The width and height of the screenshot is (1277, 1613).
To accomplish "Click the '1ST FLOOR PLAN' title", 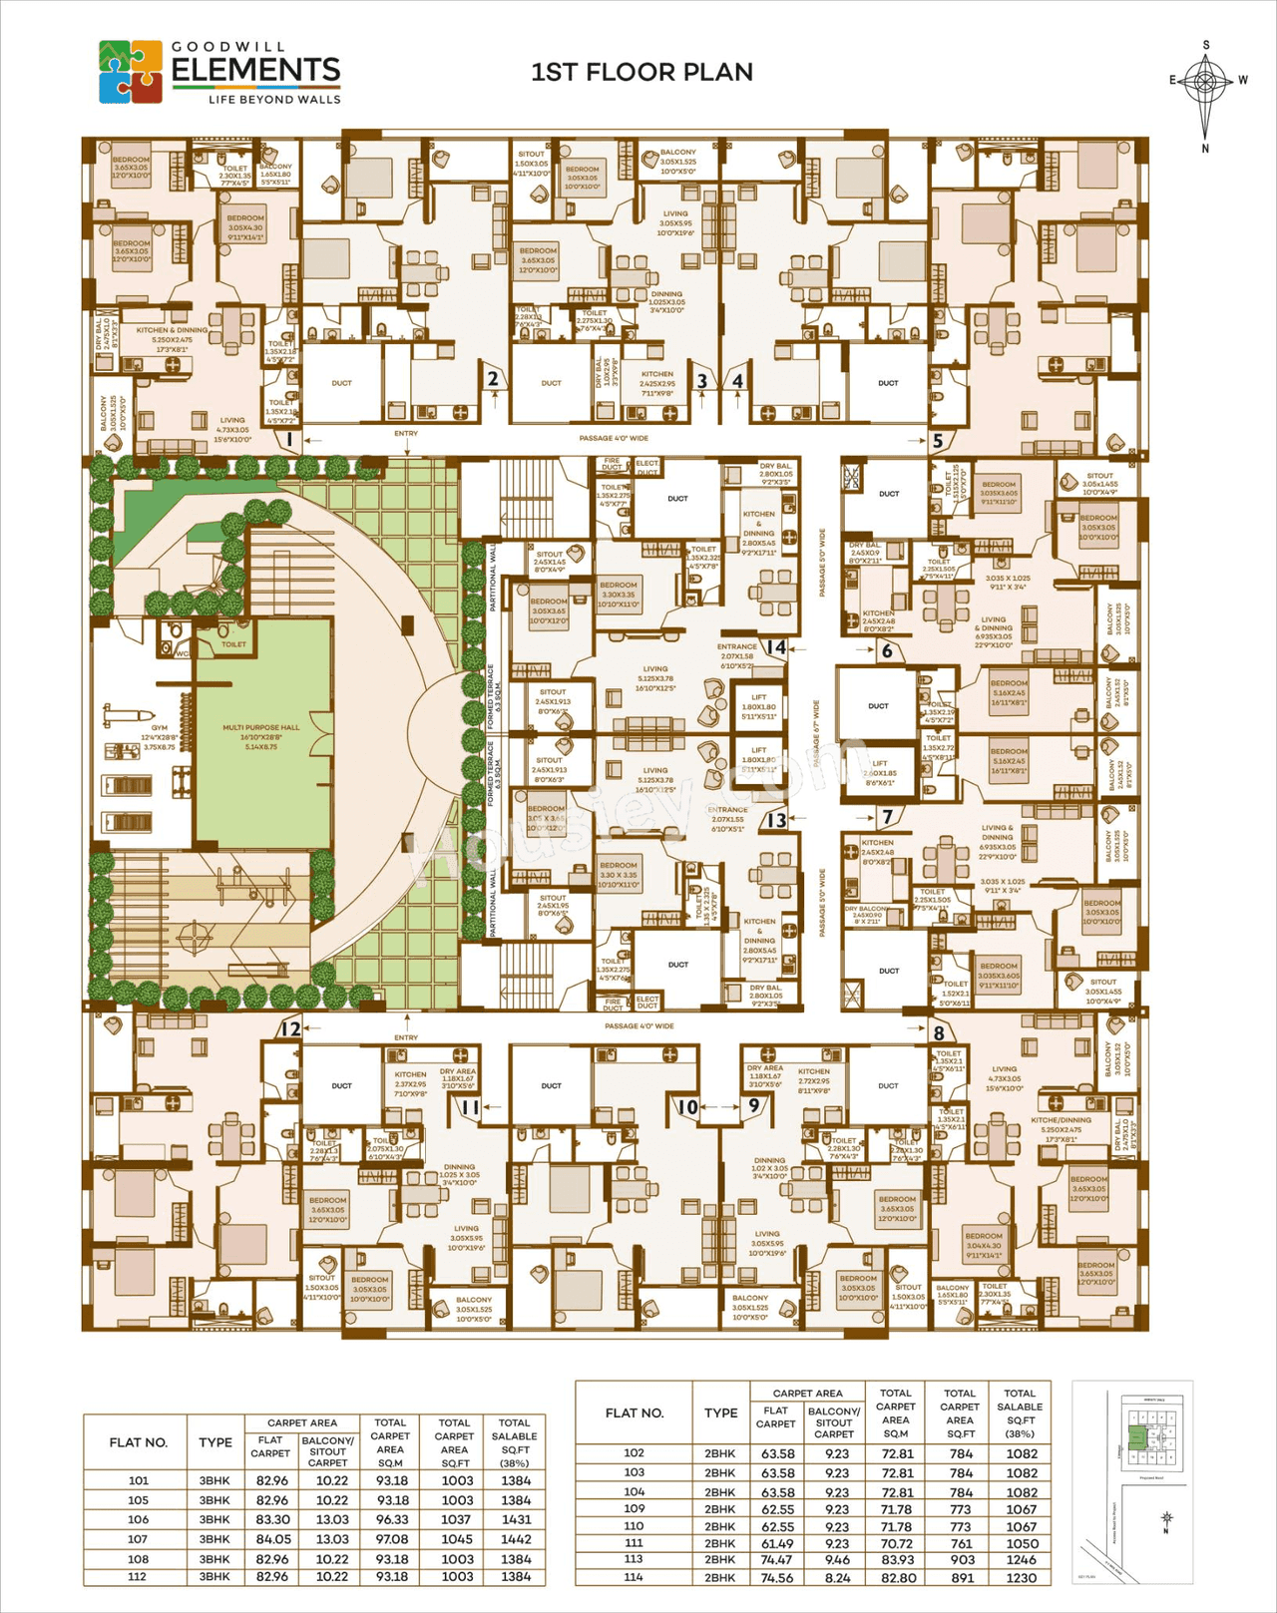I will coord(641,72).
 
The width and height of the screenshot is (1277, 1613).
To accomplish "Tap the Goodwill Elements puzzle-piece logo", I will coord(131,72).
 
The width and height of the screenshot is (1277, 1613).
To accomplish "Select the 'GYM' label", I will coord(160,728).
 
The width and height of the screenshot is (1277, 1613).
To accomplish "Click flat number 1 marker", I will coord(289,438).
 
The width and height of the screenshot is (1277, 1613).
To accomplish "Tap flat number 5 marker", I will coord(937,439).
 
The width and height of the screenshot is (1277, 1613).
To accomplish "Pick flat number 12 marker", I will coord(290,1029).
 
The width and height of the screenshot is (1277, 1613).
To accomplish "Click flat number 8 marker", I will coord(939,1032).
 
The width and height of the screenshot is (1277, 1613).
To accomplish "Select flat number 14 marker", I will coord(776,646).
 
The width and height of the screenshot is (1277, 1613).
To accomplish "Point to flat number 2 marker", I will coord(493,379).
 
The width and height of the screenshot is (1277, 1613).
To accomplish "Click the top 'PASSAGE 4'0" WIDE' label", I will coord(614,438).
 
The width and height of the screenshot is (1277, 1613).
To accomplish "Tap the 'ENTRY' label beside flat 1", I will coord(406,434).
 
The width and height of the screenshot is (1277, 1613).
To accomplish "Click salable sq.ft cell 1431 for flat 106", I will coord(516,1519).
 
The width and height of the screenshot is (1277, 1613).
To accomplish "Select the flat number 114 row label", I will coord(634,1577).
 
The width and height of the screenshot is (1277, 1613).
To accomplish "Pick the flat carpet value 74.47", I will coord(776,1559).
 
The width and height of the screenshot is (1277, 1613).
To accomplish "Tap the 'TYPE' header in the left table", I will coord(215,1442).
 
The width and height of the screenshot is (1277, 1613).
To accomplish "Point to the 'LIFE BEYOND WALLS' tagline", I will coord(274,99).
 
